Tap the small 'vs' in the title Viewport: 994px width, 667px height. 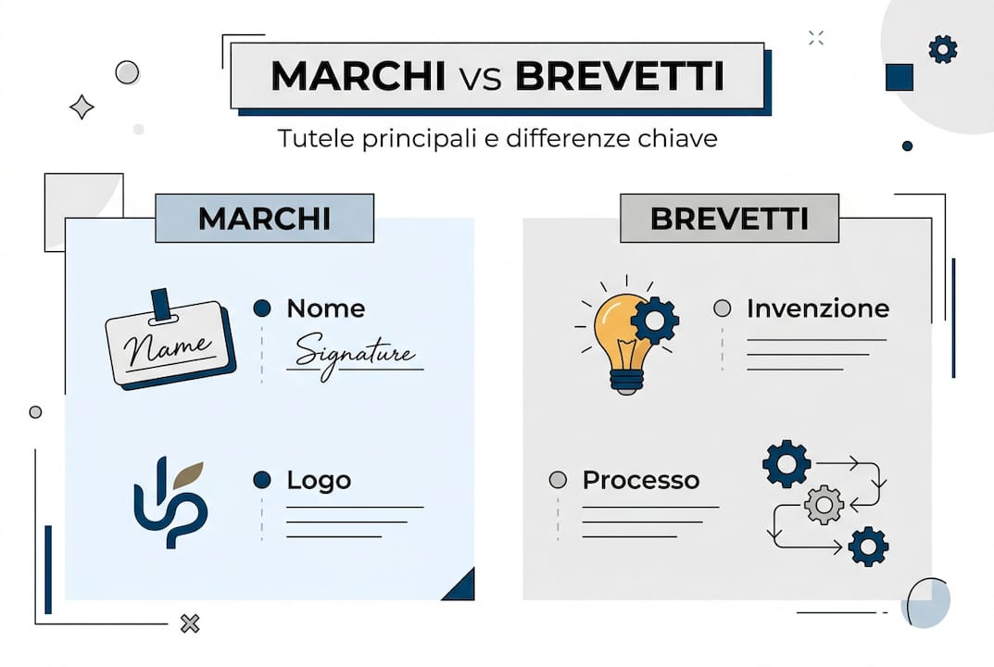tap(480, 80)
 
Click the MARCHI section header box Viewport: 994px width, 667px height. tap(264, 219)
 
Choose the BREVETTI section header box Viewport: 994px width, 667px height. tap(729, 219)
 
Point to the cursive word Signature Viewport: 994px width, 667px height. tap(354, 354)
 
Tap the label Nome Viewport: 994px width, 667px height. tap(325, 308)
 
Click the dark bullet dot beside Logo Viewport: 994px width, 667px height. tap(262, 480)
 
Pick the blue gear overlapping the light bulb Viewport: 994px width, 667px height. tap(655, 321)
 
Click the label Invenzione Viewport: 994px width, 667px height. tap(817, 308)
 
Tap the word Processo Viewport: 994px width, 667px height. tap(640, 480)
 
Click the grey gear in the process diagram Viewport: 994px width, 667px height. tap(824, 505)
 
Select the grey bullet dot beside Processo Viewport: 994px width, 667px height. tap(558, 480)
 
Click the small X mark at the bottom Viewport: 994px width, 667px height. tap(190, 623)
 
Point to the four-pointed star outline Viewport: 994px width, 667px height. tap(82, 107)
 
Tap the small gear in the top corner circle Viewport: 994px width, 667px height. tap(942, 49)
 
